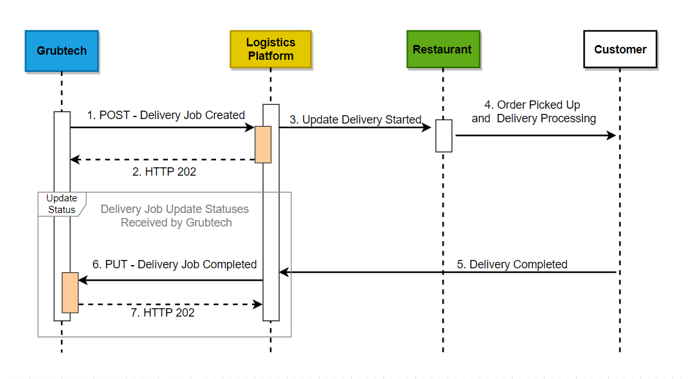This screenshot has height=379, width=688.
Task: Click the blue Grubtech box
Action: [x=62, y=50]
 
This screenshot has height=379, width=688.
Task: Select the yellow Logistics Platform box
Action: [x=271, y=49]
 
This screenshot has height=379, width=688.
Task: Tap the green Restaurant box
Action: [x=442, y=50]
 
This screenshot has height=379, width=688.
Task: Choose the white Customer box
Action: [x=620, y=50]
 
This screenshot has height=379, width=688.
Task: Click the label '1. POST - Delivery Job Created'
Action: [x=166, y=115]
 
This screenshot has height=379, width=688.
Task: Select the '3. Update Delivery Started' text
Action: [x=355, y=120]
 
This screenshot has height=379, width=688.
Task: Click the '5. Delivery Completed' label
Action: [x=512, y=264]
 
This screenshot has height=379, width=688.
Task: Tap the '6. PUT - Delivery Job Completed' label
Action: [x=174, y=264]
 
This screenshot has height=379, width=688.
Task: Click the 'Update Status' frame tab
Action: [x=61, y=204]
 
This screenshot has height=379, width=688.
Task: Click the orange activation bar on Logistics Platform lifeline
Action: [x=263, y=144]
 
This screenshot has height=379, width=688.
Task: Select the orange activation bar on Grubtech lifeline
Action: [x=70, y=293]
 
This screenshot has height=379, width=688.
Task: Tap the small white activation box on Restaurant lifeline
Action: [x=444, y=136]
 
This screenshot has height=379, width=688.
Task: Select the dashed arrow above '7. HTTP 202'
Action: [x=170, y=304]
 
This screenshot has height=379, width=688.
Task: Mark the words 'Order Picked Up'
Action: [x=539, y=105]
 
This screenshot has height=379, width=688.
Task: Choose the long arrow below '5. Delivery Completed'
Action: [x=450, y=272]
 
